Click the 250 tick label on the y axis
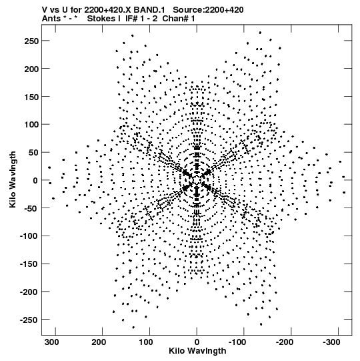pos(31,41)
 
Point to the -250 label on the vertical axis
pos(29,320)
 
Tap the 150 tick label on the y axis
pos(31,97)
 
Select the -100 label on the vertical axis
pos(29,236)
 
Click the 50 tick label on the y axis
pos(33,153)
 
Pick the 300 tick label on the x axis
pos(52,342)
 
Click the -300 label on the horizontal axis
pos(331,342)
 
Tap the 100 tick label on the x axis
pos(146,342)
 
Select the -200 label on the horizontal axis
pos(284,342)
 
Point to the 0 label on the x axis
pos(197,342)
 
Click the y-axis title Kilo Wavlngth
pos(13,179)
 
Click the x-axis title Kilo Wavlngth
pos(197,351)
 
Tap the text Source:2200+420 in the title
pos(208,10)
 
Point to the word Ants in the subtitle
pos(51,19)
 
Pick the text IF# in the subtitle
pos(132,19)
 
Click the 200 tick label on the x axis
pos(99,342)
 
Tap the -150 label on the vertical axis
pos(29,264)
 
